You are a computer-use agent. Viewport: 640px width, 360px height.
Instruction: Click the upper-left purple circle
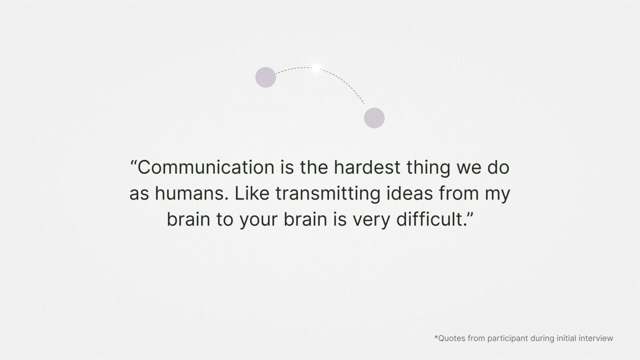point(265,77)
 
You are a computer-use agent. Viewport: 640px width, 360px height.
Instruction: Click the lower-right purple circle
point(374,117)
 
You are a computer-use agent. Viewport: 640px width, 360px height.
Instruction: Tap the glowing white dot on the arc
point(316,68)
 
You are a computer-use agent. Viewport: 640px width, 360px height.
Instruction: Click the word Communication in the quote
point(205,167)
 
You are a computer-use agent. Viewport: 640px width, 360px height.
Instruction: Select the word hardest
point(367,167)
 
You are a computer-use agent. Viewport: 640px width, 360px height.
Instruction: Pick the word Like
point(251,193)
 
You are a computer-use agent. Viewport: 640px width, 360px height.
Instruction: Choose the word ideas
point(409,193)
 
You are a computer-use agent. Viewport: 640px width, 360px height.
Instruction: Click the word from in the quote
point(458,193)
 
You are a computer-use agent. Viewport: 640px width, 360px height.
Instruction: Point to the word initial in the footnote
point(566,338)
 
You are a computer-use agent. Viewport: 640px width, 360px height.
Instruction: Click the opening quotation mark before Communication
point(133,162)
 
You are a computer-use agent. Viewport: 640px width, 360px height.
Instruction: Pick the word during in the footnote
point(542,339)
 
